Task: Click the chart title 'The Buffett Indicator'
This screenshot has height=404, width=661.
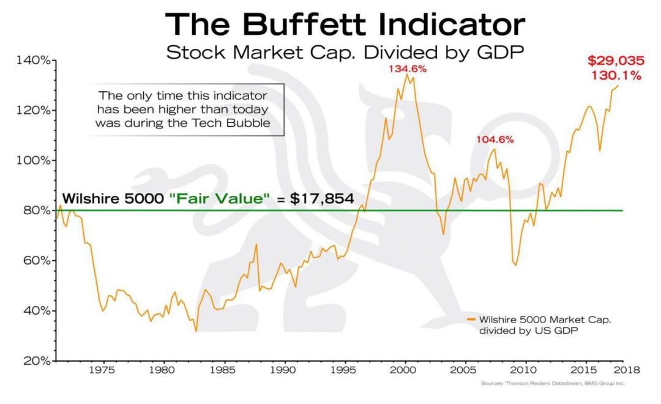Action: click(345, 25)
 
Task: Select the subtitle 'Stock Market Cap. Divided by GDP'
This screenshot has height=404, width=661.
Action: click(345, 53)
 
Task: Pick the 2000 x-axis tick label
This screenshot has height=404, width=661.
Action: click(404, 370)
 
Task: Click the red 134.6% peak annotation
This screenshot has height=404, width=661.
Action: click(408, 69)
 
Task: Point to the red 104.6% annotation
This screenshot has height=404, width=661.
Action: click(495, 140)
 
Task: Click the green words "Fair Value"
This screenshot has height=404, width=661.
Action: click(218, 198)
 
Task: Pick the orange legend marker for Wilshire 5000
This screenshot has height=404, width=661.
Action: click(471, 319)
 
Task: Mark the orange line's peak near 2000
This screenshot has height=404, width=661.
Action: click(406, 75)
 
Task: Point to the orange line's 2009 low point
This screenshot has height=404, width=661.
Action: click(515, 265)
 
